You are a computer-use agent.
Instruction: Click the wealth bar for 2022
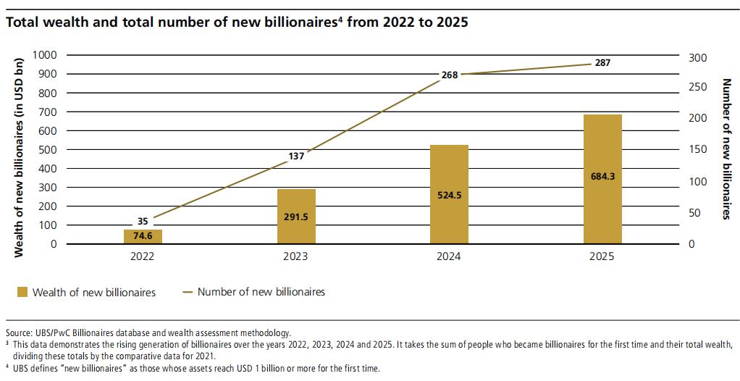coord(142,237)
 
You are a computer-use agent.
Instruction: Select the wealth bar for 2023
coord(295,217)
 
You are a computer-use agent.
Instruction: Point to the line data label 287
coord(602,63)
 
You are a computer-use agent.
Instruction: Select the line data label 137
coord(295,155)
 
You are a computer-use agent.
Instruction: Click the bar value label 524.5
coord(449,194)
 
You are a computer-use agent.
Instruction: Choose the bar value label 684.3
coord(602,175)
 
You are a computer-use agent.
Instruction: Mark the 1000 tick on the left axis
coord(44,55)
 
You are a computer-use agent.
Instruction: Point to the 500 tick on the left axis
coord(47,150)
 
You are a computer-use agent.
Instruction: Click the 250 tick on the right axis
coord(696,87)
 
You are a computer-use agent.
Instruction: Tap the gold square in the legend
coord(22,293)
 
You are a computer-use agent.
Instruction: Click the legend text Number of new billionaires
coord(261,292)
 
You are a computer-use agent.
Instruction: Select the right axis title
coord(726,149)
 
